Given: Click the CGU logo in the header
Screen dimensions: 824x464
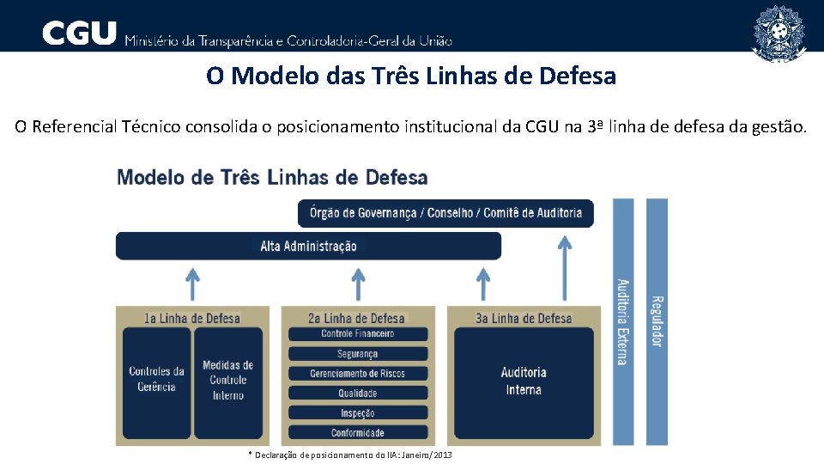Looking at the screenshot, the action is [x=79, y=34].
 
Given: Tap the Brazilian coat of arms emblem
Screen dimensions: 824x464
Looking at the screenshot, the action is [x=779, y=33].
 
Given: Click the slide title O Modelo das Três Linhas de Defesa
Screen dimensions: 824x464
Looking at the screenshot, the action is [x=411, y=76].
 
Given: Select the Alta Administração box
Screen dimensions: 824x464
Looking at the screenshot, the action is [x=308, y=246].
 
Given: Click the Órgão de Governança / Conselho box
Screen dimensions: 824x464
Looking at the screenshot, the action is [x=445, y=213].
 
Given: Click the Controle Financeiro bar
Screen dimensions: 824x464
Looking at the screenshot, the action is [x=357, y=333].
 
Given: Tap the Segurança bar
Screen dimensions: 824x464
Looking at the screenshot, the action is [x=357, y=353].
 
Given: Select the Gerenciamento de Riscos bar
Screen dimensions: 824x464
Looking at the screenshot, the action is [x=357, y=373].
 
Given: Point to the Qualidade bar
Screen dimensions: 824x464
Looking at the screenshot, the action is [x=357, y=393].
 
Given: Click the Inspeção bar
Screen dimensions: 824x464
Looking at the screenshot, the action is [x=357, y=412].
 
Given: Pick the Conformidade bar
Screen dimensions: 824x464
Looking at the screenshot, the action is [x=357, y=432].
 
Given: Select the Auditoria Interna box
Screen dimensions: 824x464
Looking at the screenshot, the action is [x=524, y=381].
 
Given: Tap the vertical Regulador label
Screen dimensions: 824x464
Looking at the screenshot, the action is [x=657, y=321].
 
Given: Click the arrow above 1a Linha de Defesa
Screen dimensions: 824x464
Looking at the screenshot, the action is [x=193, y=284].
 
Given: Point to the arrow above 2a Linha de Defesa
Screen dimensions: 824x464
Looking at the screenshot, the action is [x=358, y=284].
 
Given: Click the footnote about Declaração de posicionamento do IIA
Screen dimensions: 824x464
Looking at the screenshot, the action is [x=349, y=455].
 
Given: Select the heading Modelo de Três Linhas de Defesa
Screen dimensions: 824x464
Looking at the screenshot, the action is [x=272, y=178].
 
